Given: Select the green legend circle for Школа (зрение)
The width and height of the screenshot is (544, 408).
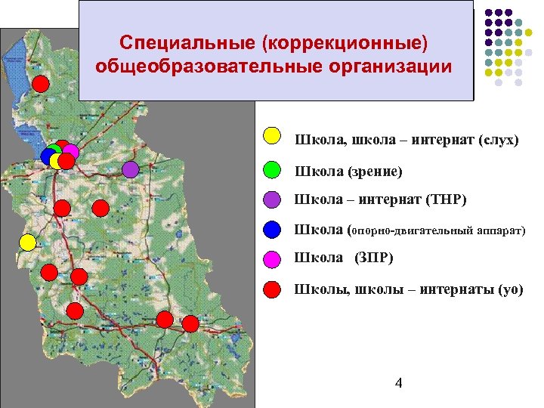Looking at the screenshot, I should [x=272, y=168].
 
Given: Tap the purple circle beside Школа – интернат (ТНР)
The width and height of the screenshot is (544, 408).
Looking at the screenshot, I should [x=272, y=199].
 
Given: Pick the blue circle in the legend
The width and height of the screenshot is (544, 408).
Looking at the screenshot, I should [x=272, y=229].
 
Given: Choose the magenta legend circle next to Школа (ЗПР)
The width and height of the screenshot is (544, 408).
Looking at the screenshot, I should [x=272, y=259].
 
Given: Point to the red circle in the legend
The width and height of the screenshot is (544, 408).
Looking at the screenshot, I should [x=272, y=289].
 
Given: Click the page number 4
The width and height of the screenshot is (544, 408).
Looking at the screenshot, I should [x=398, y=384].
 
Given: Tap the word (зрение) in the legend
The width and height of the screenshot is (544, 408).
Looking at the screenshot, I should [x=375, y=172].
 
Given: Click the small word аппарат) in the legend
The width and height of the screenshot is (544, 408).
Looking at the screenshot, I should [x=499, y=230].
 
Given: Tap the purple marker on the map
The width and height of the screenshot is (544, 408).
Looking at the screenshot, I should [x=131, y=169].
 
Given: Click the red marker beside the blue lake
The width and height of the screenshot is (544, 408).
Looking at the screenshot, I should [x=42, y=83].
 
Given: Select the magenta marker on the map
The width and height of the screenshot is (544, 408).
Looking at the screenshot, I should [x=71, y=151].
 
